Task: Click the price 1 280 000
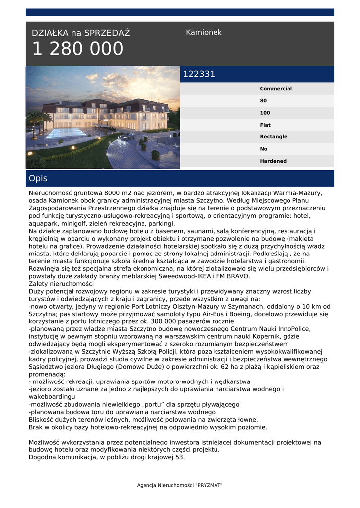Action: coord(77,49)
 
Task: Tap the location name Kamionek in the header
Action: coord(204,32)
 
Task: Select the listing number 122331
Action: coord(199,74)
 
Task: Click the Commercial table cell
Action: coord(276,89)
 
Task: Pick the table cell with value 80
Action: coord(263,101)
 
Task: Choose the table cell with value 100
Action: coord(265,113)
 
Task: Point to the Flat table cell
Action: coord(265,125)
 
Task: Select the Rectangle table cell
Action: coord(273,137)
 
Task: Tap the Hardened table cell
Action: coord(273,161)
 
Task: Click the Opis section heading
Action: coord(38,178)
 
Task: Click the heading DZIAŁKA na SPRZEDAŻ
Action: coord(80,33)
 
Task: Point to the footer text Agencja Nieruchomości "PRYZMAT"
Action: coord(180,485)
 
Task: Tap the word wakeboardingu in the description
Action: coord(52,397)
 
